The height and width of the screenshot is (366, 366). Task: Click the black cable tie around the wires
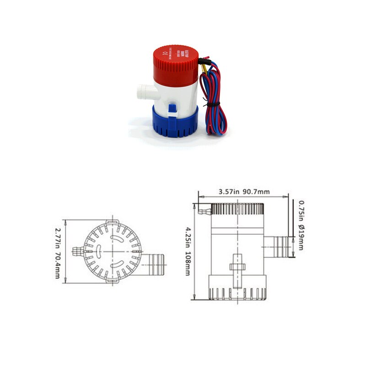[210, 105]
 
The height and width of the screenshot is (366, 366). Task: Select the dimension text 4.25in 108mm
[187, 251]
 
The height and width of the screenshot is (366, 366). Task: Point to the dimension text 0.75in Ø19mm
[301, 225]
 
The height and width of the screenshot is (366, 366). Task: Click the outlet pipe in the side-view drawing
[279, 246]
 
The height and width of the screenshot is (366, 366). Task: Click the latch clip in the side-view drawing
[237, 270]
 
